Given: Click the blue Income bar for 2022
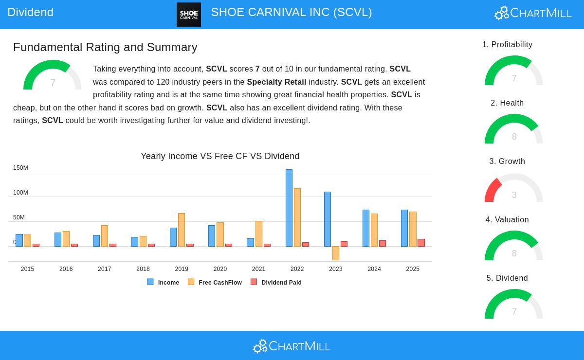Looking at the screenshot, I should (x=289, y=208).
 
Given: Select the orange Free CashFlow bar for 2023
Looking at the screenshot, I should (x=336, y=253).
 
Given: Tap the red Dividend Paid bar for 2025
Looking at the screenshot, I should (x=421, y=243).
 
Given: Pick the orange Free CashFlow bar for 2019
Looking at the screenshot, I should (x=182, y=230).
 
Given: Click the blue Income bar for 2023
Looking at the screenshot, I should (x=328, y=219).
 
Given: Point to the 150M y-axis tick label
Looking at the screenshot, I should (x=20, y=168).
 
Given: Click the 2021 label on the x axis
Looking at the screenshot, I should (x=258, y=269).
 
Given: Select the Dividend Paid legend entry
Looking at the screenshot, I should (x=276, y=282).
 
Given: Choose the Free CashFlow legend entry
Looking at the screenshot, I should (x=215, y=282).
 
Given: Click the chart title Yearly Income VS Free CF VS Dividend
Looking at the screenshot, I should (x=220, y=156).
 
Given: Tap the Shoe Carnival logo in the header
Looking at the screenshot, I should (x=189, y=14).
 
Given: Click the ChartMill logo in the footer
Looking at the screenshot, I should (x=292, y=346).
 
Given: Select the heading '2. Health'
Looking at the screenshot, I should (x=507, y=103).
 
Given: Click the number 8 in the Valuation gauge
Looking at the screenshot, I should (x=514, y=253).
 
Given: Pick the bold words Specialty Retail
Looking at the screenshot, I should (x=276, y=82).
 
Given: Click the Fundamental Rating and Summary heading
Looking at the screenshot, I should (x=105, y=47).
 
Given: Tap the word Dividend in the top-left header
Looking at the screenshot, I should (x=30, y=12).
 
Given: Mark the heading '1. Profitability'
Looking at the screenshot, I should (x=507, y=45).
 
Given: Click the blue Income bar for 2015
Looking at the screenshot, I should (x=19, y=240).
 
